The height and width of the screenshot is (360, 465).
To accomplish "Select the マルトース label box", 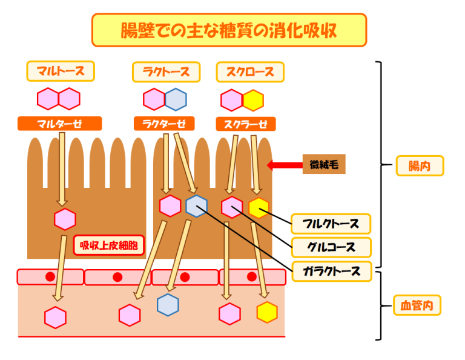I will (61, 71).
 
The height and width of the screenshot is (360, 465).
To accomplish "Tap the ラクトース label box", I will (165, 72).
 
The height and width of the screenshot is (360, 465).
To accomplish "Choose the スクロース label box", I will (250, 72).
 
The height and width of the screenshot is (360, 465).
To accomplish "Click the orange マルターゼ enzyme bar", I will (59, 124).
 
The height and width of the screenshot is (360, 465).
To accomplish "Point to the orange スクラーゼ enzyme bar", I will (246, 124).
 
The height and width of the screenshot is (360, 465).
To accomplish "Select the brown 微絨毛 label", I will (324, 164).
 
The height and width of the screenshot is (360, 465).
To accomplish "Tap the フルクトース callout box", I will (331, 224).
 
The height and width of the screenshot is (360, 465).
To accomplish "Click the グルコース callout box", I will (331, 247).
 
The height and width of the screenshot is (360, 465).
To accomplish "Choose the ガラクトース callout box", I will (331, 270).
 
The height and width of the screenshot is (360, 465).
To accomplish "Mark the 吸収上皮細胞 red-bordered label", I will (108, 245).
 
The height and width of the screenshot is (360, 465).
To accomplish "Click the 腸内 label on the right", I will (420, 165).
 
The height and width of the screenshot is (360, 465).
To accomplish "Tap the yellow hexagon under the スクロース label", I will (253, 100).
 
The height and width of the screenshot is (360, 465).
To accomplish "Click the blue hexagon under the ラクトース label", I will (176, 99).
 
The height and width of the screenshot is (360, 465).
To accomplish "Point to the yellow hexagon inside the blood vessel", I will (267, 312).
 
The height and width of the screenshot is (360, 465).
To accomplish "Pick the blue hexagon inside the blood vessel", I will (168, 304).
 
